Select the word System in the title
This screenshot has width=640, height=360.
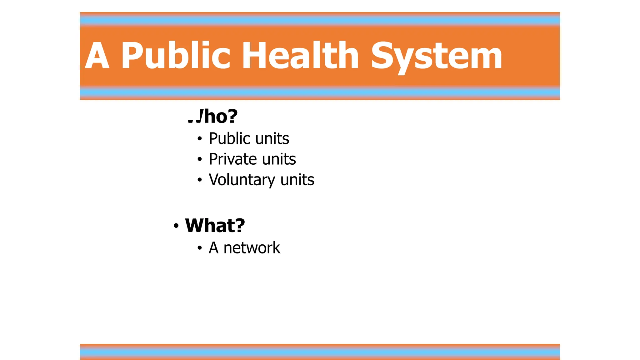[x=436, y=56]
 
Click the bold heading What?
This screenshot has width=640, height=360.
[x=215, y=225]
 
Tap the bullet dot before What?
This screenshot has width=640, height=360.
[x=176, y=226]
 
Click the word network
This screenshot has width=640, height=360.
[x=252, y=248]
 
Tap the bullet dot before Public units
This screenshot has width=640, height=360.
[x=200, y=139]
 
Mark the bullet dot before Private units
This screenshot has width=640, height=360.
[x=200, y=159]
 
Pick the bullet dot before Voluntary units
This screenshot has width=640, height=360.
[x=200, y=180]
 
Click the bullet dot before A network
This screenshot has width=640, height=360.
[x=200, y=248]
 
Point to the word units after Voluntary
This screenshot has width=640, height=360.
[x=297, y=180]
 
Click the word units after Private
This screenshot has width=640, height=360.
[x=279, y=159]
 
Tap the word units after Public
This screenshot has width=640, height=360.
[x=272, y=138]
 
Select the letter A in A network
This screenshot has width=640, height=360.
[x=213, y=248]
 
